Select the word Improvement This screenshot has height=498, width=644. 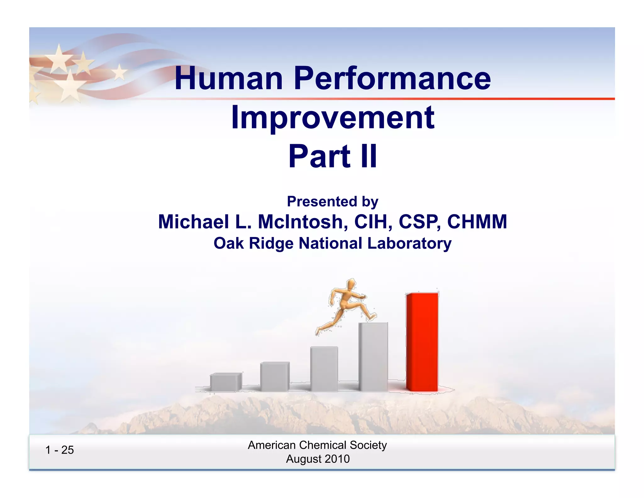[333, 118]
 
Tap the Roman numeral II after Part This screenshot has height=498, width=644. [369, 156]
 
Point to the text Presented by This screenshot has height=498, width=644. [332, 201]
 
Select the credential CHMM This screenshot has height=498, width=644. [477, 222]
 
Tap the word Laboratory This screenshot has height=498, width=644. [409, 243]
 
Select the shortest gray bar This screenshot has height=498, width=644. [226, 382]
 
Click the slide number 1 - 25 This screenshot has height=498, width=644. [59, 450]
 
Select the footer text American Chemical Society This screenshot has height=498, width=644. [317, 445]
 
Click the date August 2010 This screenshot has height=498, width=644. [318, 459]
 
